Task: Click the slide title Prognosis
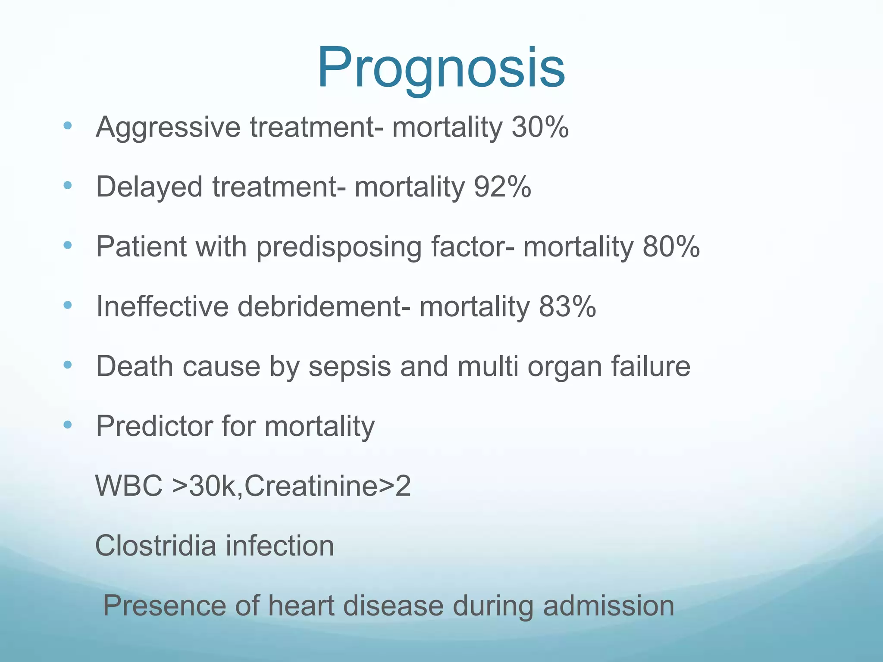click(441, 68)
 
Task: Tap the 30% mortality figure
click(540, 128)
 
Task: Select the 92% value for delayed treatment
click(502, 187)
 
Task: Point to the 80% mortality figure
click(671, 247)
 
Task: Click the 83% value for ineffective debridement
click(567, 307)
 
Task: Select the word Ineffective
click(162, 307)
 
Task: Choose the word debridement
click(319, 307)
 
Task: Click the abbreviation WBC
click(129, 486)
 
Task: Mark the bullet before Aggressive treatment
click(68, 126)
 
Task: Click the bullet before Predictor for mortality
click(68, 425)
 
